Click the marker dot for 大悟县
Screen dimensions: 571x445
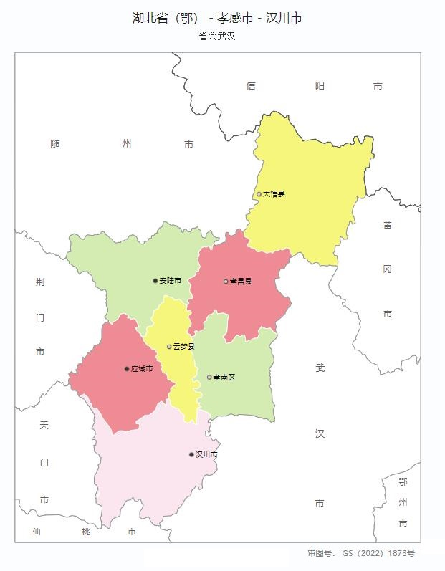(259, 194)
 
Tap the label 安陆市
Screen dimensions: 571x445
(171, 281)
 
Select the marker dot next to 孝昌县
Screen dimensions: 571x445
(226, 282)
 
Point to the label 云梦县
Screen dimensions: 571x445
(184, 347)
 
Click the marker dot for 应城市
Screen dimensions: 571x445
(127, 369)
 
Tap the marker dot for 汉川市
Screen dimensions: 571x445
(191, 454)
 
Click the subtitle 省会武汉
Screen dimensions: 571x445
(217, 36)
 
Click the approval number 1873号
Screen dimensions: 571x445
(401, 553)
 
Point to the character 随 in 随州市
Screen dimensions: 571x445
(55, 144)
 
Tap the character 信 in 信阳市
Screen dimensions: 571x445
(251, 86)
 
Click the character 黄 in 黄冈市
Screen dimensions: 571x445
(387, 225)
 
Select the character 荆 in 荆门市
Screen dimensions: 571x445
(40, 282)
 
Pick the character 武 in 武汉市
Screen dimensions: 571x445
(320, 368)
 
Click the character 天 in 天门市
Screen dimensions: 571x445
(44, 425)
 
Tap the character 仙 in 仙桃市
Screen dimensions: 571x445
(37, 532)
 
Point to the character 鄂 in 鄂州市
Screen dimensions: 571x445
(403, 482)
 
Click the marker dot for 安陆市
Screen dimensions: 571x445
(155, 281)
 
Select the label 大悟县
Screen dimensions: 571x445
(274, 194)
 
